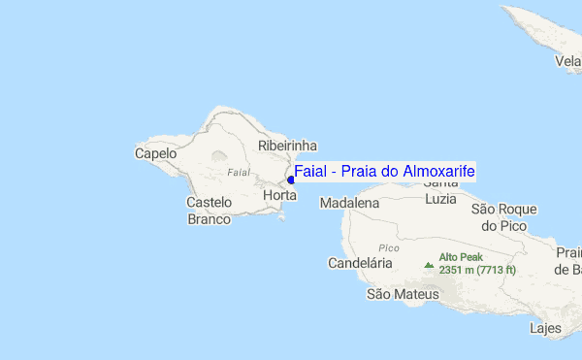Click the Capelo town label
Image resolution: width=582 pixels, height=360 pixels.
click(x=155, y=153)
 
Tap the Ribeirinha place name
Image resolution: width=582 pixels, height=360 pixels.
click(x=287, y=146)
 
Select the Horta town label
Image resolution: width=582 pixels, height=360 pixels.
click(x=279, y=195)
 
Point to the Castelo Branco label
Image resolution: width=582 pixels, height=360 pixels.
click(x=209, y=211)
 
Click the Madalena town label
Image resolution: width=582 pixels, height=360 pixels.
click(x=349, y=204)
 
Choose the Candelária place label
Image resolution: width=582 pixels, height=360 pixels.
click(x=360, y=263)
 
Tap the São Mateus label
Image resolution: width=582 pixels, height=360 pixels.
click(x=403, y=293)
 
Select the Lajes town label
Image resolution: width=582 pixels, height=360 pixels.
click(x=545, y=328)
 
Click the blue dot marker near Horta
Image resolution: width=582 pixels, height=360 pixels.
click(x=291, y=180)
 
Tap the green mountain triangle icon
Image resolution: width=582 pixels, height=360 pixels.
click(x=429, y=263)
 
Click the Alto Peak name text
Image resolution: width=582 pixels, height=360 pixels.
click(x=461, y=257)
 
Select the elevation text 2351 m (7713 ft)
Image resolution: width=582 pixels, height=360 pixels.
click(x=477, y=270)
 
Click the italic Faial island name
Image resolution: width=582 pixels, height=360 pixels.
click(x=238, y=172)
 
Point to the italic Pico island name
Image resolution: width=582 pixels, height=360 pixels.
click(x=389, y=247)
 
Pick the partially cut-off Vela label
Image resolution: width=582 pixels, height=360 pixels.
click(x=567, y=60)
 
